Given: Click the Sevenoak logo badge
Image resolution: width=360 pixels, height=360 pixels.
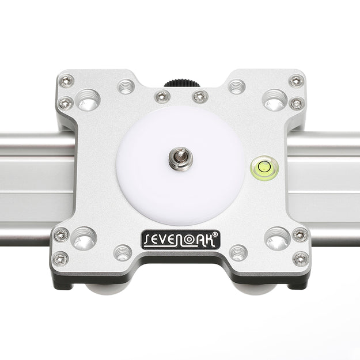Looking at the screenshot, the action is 181,240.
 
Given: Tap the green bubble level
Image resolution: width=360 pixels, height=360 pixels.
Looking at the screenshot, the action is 264,167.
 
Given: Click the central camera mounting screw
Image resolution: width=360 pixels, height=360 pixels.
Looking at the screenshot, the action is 180,158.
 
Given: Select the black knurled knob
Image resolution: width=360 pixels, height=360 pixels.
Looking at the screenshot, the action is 182,83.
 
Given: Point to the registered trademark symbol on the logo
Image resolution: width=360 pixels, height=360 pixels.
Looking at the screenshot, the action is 215,234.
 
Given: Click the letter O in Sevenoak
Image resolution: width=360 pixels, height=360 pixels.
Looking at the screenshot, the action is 189,240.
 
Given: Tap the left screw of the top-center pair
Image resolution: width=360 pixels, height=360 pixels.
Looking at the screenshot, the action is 162,96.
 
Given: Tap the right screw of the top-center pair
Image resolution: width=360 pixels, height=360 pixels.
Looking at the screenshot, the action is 200,96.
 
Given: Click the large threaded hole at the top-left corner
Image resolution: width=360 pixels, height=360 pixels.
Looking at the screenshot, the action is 88,100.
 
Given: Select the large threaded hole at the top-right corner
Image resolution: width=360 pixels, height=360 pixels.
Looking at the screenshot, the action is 275,100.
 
